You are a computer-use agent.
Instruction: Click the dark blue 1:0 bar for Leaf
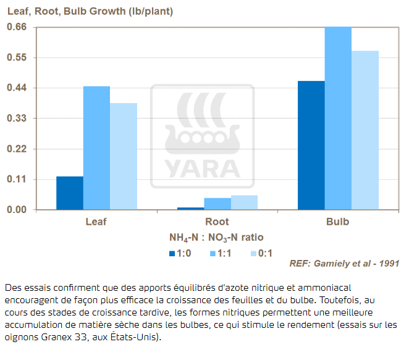70,193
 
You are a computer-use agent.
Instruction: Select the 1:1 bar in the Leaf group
96,148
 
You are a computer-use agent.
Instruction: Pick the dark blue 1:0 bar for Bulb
311,146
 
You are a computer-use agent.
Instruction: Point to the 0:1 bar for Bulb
365,130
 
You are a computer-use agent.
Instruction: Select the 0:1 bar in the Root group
244,203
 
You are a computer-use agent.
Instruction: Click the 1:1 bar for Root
217,204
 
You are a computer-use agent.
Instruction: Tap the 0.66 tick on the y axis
17,27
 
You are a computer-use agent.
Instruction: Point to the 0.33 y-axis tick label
17,119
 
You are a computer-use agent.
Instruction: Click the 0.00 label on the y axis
17,210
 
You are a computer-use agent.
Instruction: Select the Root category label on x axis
217,222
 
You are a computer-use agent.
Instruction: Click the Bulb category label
337,222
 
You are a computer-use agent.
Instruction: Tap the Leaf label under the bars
96,222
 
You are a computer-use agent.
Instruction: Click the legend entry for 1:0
179,253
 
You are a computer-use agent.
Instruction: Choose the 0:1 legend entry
261,253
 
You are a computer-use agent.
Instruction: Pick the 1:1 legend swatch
213,253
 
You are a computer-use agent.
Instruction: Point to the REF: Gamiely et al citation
344,264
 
